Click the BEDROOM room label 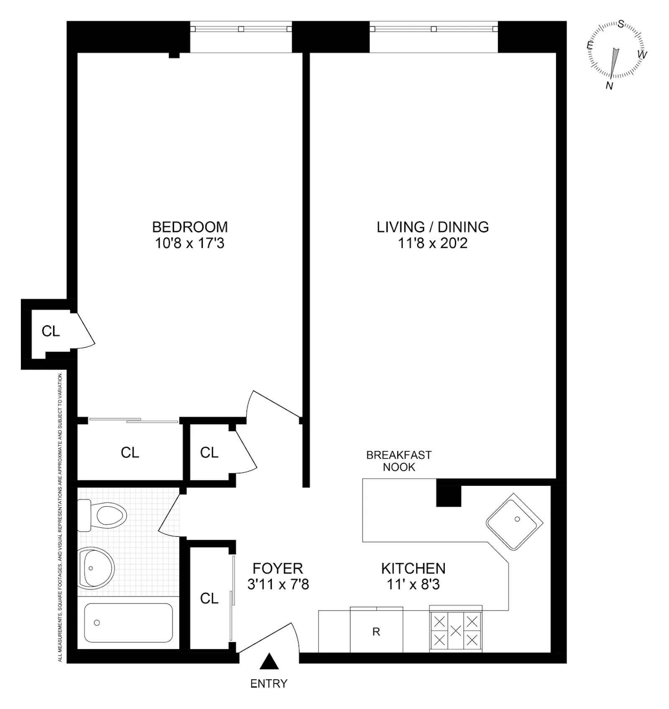(x=190, y=227)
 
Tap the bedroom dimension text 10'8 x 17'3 (x=190, y=243)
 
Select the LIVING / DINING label (x=433, y=227)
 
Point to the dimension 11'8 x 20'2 (x=433, y=243)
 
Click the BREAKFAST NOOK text (x=399, y=461)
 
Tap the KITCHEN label (x=413, y=568)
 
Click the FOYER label (x=278, y=568)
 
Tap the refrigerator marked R (x=376, y=632)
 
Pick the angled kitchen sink (x=515, y=521)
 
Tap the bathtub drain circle (x=97, y=623)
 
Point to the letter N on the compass (x=609, y=86)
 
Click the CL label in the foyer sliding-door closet (x=209, y=598)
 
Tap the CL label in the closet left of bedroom (x=51, y=331)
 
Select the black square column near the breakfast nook (x=449, y=496)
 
